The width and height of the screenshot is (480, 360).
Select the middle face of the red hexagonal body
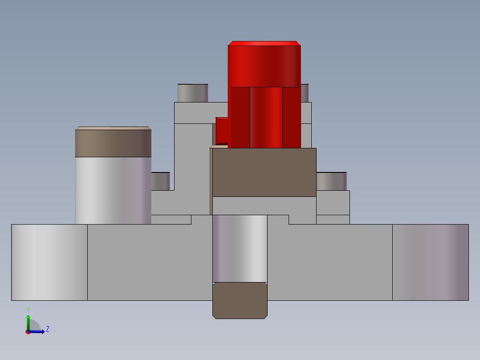pyautogui.click(x=266, y=117)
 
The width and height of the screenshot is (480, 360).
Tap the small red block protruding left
pyautogui.click(x=221, y=129)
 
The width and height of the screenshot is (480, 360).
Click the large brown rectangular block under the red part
pyautogui.click(x=264, y=172)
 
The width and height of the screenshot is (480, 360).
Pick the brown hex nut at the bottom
pyautogui.click(x=240, y=300)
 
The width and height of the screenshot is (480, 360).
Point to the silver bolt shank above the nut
pyautogui.click(x=240, y=248)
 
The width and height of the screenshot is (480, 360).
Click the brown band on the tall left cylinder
pyautogui.click(x=113, y=143)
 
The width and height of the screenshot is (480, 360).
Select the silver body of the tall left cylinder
pyautogui.click(x=113, y=190)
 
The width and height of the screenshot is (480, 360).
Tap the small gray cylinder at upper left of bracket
pyautogui.click(x=192, y=93)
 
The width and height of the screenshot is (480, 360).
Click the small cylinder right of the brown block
pyautogui.click(x=331, y=181)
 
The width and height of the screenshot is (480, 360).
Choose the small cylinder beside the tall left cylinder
pyautogui.click(x=160, y=181)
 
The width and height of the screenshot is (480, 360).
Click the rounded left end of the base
pyautogui.click(x=49, y=262)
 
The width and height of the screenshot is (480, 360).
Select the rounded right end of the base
pyautogui.click(x=430, y=262)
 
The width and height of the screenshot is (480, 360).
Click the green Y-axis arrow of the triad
pyautogui.click(x=28, y=321)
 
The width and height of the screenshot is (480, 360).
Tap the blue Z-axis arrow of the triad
pyautogui.click(x=38, y=331)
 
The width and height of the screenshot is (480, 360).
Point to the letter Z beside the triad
pyautogui.click(x=47, y=329)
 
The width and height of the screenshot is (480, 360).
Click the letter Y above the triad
pyautogui.click(x=28, y=309)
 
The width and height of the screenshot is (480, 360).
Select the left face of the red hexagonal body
pyautogui.click(x=240, y=117)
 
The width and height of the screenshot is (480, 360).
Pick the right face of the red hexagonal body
pyautogui.click(x=292, y=117)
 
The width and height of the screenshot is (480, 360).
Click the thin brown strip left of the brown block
pyautogui.click(x=211, y=181)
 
